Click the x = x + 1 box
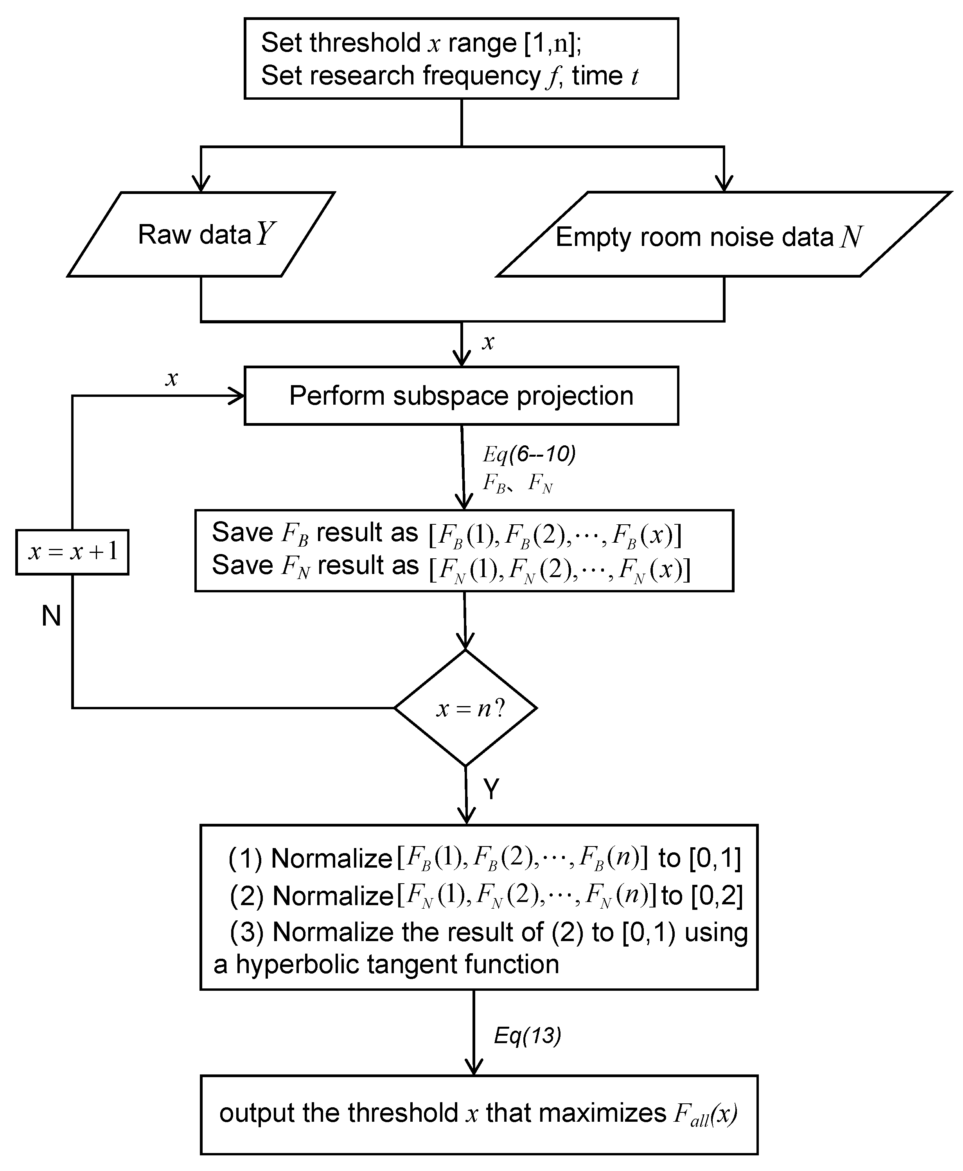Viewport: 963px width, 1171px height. coord(72,552)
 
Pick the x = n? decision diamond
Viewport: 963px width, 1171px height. coord(465,708)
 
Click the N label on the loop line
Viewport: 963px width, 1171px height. coord(51,616)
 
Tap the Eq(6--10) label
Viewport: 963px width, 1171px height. coord(529,454)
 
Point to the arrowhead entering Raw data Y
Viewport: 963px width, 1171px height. coord(201,185)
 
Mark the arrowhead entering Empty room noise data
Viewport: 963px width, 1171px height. coord(724,185)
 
